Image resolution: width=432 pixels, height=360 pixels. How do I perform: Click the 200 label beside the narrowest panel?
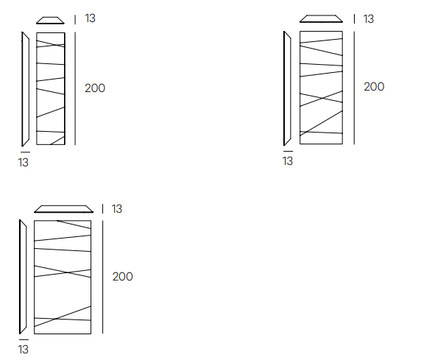pyautogui.click(x=95, y=88)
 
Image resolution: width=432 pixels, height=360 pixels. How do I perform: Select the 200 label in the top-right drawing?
pyautogui.click(x=374, y=87)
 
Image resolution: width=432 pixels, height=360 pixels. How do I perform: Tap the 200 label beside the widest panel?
pyautogui.click(x=123, y=277)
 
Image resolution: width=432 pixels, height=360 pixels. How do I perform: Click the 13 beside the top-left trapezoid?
pyautogui.click(x=90, y=18)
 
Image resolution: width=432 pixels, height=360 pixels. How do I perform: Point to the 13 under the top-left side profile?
pyautogui.click(x=24, y=163)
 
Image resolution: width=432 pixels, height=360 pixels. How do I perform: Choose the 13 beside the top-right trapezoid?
pyautogui.click(x=369, y=19)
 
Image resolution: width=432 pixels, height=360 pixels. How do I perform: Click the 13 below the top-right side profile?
pyautogui.click(x=288, y=161)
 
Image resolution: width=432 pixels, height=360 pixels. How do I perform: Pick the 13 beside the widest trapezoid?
pyautogui.click(x=117, y=209)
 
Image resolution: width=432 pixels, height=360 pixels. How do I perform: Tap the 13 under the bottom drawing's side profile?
pyautogui.click(x=24, y=350)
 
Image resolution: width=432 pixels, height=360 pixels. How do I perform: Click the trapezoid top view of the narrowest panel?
pyautogui.click(x=50, y=21)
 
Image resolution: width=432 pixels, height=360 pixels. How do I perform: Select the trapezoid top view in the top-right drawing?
pyautogui.click(x=322, y=18)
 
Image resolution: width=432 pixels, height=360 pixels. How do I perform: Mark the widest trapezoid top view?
pyautogui.click(x=63, y=209)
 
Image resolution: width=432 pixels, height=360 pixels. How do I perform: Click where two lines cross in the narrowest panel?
pyautogui.click(x=57, y=45)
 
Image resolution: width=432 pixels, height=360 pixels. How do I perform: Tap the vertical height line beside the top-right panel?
pyautogui.click(x=354, y=88)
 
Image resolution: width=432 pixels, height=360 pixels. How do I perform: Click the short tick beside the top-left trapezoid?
pyautogui.click(x=75, y=20)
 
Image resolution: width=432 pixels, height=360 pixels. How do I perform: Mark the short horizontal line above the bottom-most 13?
pyautogui.click(x=24, y=339)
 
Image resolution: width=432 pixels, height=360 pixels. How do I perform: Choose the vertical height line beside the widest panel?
pyautogui.click(x=103, y=277)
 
